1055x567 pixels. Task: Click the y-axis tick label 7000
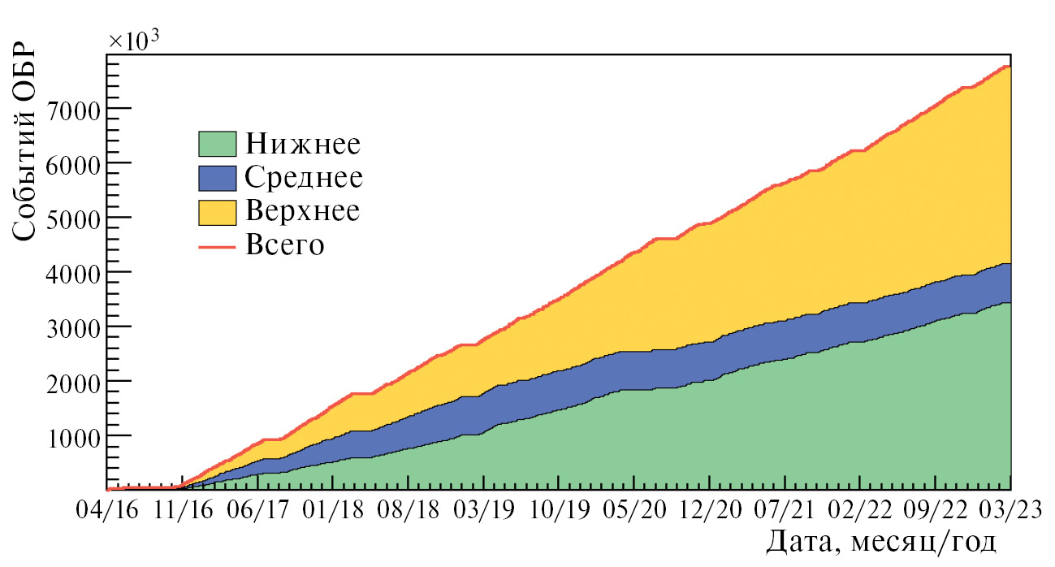point(71,109)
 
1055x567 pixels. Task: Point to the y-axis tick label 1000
point(71,436)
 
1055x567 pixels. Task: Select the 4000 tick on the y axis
point(71,273)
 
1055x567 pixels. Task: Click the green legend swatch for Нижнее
point(217,144)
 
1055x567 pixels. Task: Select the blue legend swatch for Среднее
point(217,177)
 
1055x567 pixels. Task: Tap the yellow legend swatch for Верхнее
point(217,211)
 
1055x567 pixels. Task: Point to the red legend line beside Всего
point(217,245)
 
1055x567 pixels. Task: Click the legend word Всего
point(285,245)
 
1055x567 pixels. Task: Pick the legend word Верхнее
point(302,211)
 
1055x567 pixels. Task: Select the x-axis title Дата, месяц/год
point(881,542)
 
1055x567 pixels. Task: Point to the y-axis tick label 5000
point(71,218)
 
